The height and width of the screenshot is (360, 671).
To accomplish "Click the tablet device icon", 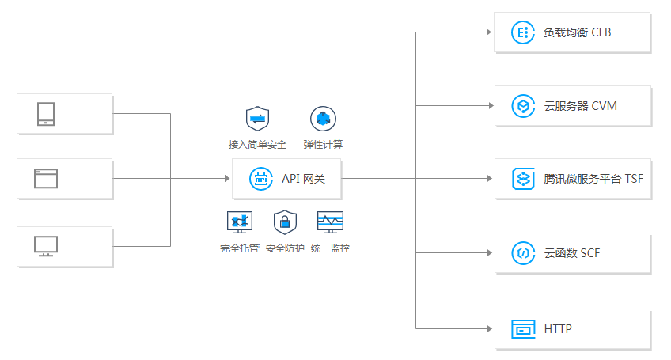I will tap(46, 114).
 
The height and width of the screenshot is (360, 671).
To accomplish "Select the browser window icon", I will tap(46, 178).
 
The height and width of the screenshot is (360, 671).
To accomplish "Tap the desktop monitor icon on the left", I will tap(46, 246).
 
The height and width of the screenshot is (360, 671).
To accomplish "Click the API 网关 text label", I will tap(303, 179).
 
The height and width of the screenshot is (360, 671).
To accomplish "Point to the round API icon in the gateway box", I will tap(260, 179).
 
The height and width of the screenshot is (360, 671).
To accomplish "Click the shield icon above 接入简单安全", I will tap(257, 119).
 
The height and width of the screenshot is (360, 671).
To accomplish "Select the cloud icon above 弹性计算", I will tap(323, 119).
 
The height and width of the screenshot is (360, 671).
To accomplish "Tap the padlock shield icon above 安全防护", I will tap(285, 222).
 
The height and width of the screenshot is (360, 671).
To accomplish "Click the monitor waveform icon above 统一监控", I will tap(330, 222).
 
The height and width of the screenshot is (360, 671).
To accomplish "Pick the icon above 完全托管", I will tap(239, 222).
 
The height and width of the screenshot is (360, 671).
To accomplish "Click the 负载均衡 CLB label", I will tap(577, 33).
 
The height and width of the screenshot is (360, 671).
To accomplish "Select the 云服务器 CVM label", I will tap(580, 106).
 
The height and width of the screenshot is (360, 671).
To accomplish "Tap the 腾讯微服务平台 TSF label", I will tap(593, 179).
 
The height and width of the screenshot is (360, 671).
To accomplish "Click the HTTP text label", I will tap(558, 328).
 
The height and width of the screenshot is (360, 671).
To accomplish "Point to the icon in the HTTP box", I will tap(522, 328).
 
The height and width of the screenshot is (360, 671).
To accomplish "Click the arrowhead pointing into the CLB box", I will tap(489, 32).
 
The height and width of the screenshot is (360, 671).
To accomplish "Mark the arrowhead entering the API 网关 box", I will tap(226, 179).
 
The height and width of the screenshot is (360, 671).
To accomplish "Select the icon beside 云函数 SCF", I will tap(522, 253).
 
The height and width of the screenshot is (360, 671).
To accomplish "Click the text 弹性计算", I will tap(323, 145).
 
